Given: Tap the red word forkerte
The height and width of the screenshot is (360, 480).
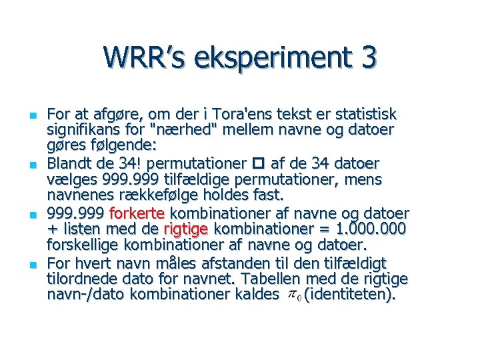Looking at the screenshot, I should (139, 213).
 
